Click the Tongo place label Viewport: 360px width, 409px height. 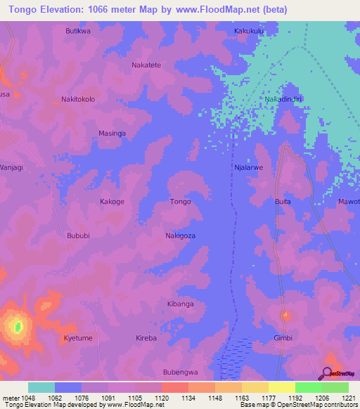coord(181,202)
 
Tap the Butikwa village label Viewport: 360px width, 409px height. coord(78,32)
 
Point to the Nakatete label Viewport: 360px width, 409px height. coord(146,65)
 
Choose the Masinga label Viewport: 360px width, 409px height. coord(112,133)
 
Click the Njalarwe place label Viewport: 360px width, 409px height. coord(248,168)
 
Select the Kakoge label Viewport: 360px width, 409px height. coord(112,202)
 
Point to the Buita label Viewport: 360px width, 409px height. coord(283,202)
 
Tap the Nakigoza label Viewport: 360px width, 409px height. coord(181,235)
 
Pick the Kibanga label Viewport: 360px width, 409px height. coord(181,304)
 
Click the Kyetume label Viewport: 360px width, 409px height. coord(78,338)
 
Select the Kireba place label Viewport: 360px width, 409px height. coord(146,338)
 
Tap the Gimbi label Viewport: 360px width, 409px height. coord(283,338)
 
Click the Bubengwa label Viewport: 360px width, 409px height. coord(181,372)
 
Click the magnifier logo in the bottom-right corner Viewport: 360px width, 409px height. coord(327,375)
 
